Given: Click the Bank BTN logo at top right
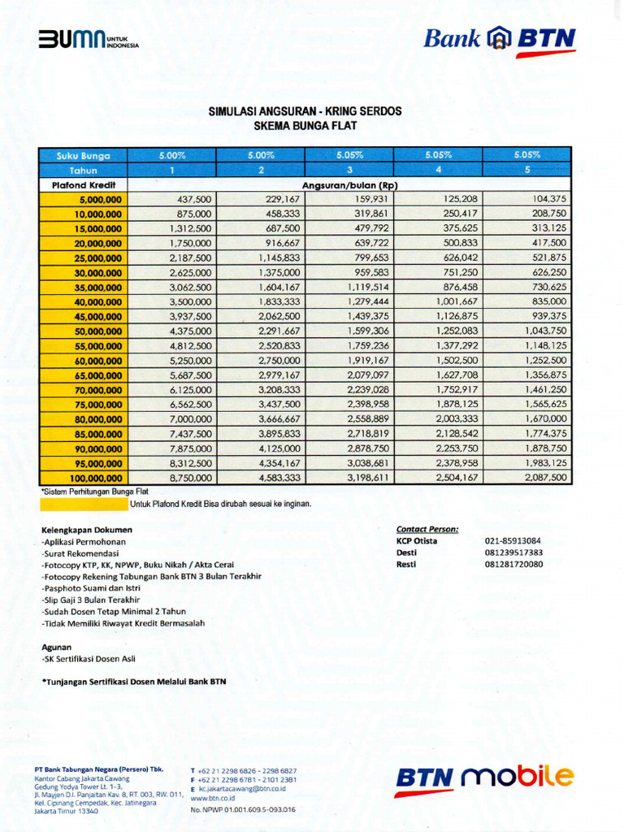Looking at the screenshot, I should (499, 40).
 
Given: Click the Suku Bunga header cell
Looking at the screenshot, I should (83, 155).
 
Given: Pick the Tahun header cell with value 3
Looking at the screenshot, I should (349, 170).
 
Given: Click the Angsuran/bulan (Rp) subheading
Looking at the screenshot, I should (349, 185).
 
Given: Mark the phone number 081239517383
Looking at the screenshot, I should (513, 552).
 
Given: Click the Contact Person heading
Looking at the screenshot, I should (427, 529).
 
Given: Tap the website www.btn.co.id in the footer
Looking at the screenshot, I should (212, 798).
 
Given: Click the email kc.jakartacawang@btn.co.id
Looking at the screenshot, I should (241, 788).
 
